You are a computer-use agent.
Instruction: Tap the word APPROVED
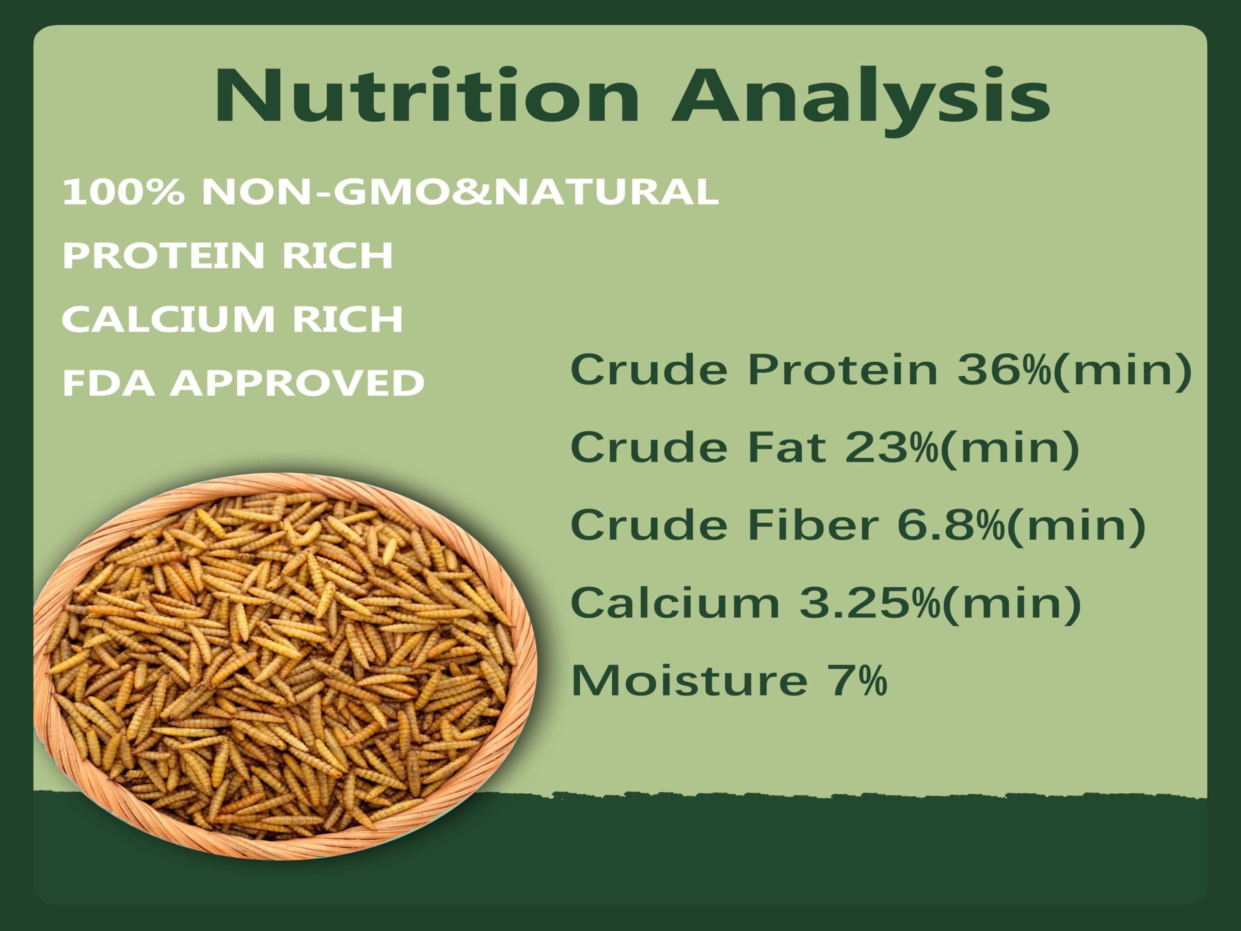(297, 383)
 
